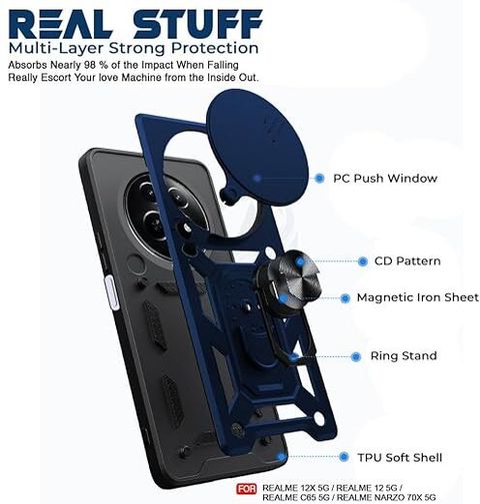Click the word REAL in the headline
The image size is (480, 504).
pyautogui.click(x=60, y=24)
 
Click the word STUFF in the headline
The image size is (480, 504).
pyautogui.click(x=198, y=24)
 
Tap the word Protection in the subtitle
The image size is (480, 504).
pyautogui.click(x=215, y=49)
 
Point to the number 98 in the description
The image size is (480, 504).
pyautogui.click(x=90, y=65)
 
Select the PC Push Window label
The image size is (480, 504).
pyautogui.click(x=385, y=179)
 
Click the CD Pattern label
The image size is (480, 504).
pyautogui.click(x=407, y=261)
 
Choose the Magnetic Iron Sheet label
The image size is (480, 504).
pyautogui.click(x=418, y=297)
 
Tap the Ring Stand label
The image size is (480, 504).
pyautogui.click(x=404, y=356)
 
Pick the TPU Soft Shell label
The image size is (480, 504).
pyautogui.click(x=400, y=458)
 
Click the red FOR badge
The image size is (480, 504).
pyautogui.click(x=247, y=489)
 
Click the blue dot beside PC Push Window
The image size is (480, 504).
pyautogui.click(x=319, y=179)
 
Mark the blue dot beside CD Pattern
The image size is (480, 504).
pyautogui.click(x=363, y=261)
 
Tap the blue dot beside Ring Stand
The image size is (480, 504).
pyautogui.click(x=356, y=357)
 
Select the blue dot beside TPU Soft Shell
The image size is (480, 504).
pyautogui.click(x=344, y=457)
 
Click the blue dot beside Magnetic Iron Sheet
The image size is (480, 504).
pyautogui.click(x=345, y=298)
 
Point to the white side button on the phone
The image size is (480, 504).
pyautogui.click(x=112, y=292)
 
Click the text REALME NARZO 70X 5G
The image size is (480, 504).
pyautogui.click(x=388, y=498)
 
